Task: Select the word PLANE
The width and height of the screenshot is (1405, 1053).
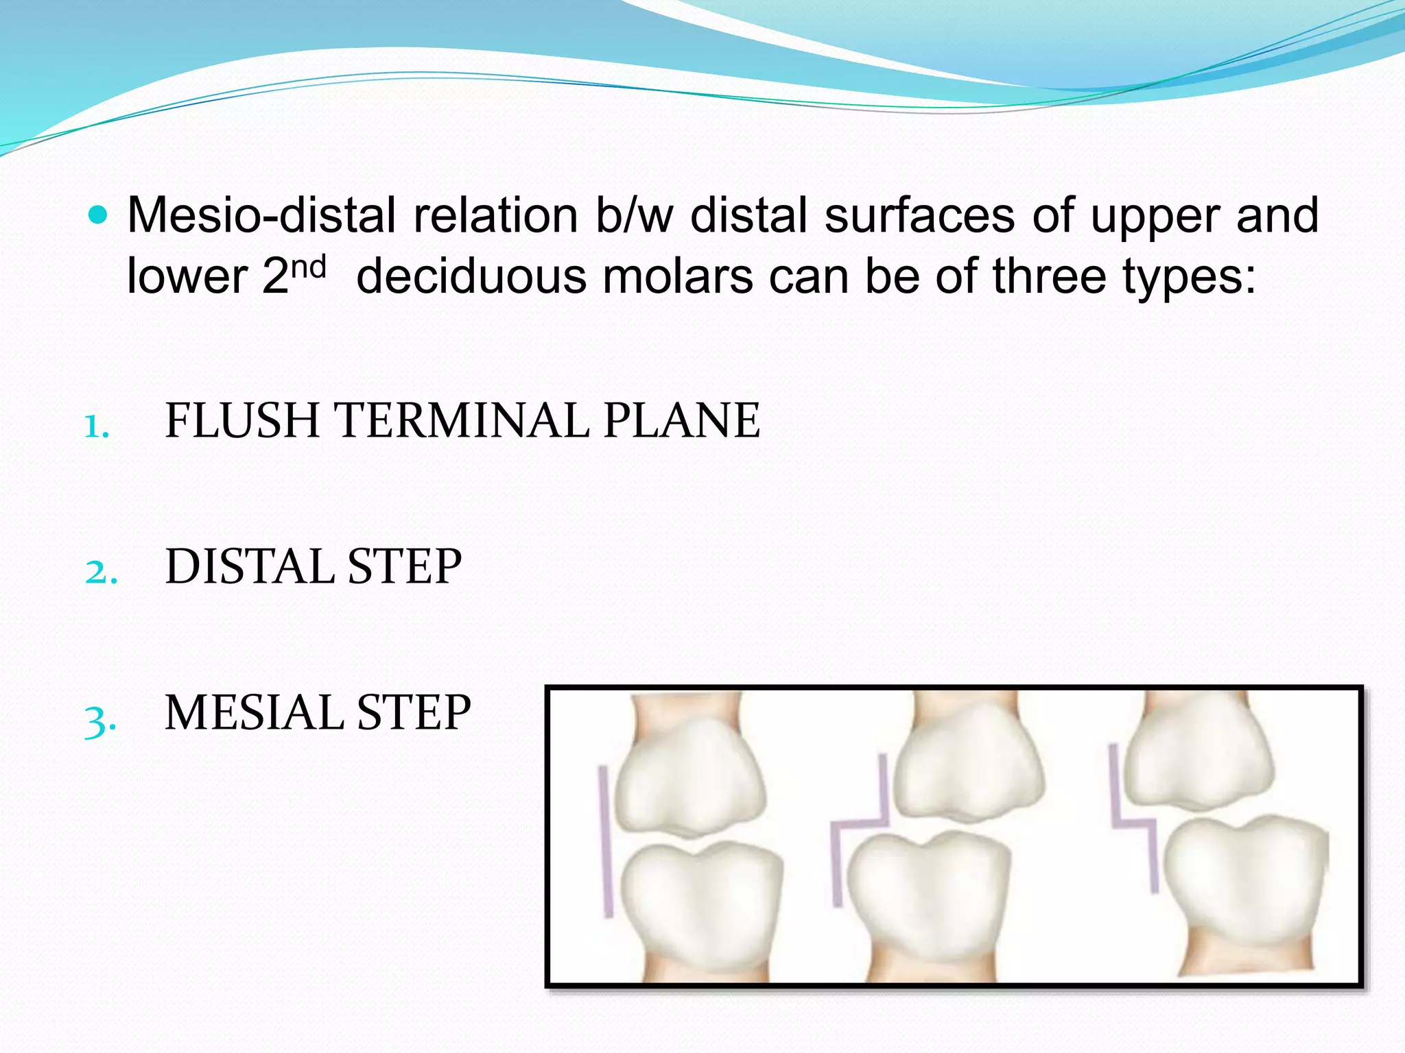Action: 681,420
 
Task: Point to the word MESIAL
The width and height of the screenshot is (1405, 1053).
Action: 254,713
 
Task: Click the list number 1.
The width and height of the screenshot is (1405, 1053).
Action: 97,427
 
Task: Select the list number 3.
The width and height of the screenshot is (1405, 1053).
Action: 100,721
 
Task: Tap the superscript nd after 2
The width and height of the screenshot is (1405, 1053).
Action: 308,267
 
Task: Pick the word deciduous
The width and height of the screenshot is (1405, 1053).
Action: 471,276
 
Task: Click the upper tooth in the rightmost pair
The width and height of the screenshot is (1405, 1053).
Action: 1197,761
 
